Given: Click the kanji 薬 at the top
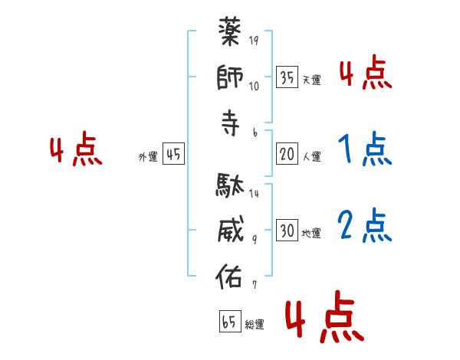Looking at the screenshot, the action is click(231, 34).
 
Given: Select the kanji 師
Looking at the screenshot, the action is click(231, 77).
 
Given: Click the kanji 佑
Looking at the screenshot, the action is click(231, 275).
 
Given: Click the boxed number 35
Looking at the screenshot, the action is click(287, 77).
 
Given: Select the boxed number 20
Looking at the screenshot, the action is click(287, 154).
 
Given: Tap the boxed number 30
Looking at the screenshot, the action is click(287, 231).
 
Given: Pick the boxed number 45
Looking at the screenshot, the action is click(173, 154).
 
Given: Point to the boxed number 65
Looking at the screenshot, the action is click(229, 322).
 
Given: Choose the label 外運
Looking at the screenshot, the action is click(147, 156).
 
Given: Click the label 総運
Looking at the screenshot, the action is click(254, 324).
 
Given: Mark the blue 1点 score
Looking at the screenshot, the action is click(364, 149).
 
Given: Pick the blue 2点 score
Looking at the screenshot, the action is click(364, 225).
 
